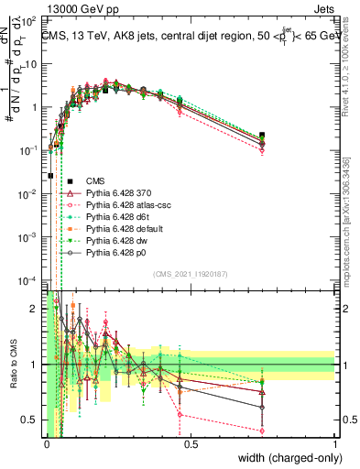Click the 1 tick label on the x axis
pyautogui.click(x=334, y=443)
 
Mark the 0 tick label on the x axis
pyautogui.click(x=46, y=443)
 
